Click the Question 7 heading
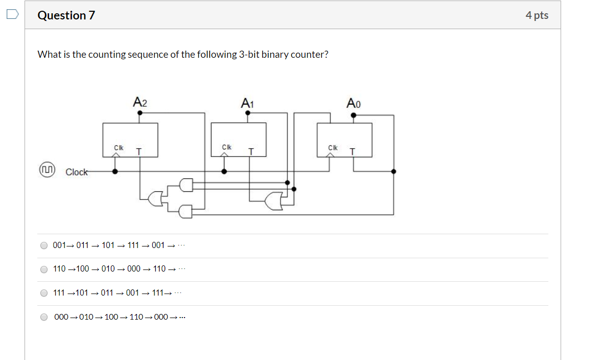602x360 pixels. [x=66, y=15]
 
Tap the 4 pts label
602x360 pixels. [x=537, y=15]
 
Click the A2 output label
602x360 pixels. [x=140, y=102]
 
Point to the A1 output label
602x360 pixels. [x=247, y=103]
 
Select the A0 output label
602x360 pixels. [x=353, y=103]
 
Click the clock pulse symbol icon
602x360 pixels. [x=47, y=171]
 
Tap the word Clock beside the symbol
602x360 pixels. [x=77, y=172]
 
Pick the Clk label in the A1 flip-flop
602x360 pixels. [x=227, y=147]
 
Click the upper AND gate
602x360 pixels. [x=186, y=185]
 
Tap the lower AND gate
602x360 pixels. [x=186, y=211]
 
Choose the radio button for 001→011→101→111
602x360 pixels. [x=44, y=245]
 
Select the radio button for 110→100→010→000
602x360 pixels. [x=44, y=269]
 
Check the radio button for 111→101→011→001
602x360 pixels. [x=44, y=293]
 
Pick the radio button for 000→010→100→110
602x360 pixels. [x=44, y=317]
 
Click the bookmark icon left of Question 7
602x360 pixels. [x=12, y=15]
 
